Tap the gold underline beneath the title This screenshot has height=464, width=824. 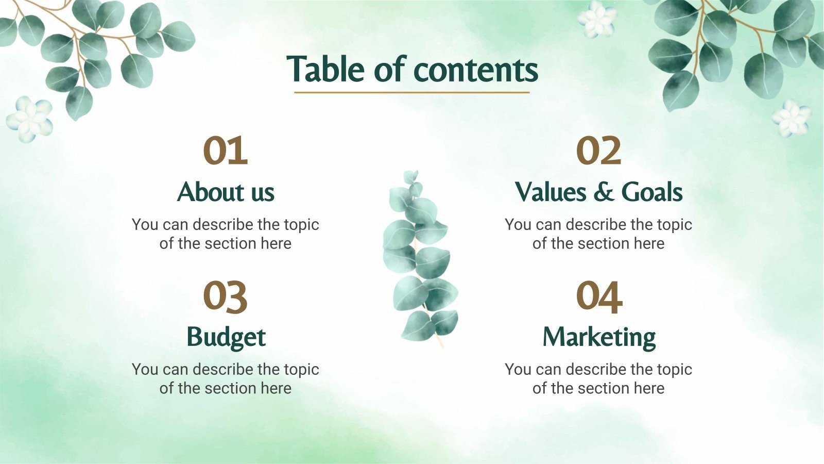tap(411, 93)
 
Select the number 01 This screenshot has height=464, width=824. tap(226, 151)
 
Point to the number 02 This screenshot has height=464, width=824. tap(598, 151)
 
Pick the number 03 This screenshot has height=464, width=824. tap(226, 296)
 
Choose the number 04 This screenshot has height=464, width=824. tap(598, 296)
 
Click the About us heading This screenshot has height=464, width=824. tap(226, 192)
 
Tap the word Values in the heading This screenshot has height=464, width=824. tap(551, 192)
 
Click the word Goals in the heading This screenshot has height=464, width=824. tap(651, 192)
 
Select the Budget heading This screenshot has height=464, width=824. tap(226, 337)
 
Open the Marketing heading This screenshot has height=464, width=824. tap(599, 338)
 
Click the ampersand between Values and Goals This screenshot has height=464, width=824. tap(603, 192)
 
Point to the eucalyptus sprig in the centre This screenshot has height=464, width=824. tap(420, 258)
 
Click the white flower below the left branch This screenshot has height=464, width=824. tap(30, 119)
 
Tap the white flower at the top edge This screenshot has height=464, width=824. tap(597, 19)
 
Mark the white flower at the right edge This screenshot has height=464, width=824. tap(791, 118)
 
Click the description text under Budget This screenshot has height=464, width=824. tap(226, 378)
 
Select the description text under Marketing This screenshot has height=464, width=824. tap(598, 378)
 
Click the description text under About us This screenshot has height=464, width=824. tap(226, 234)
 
